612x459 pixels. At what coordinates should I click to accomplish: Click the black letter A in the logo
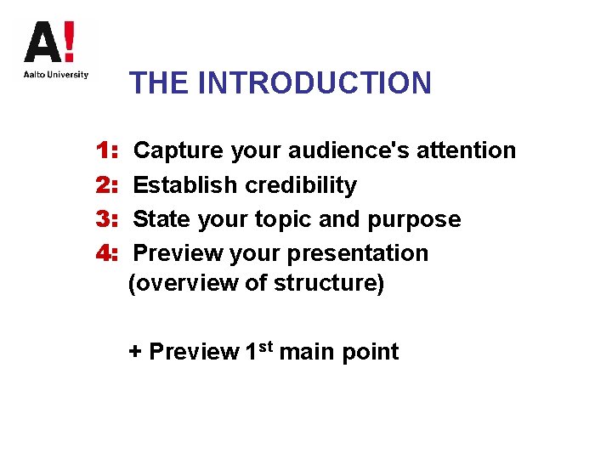tap(42, 42)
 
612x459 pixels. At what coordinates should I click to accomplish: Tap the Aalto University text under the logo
tap(55, 75)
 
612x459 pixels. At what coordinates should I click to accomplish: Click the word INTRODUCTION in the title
tap(314, 83)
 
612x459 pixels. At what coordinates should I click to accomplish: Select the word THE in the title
tap(159, 83)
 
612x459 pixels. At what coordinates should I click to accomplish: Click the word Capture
tap(173, 150)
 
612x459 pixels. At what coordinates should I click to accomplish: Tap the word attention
tap(469, 150)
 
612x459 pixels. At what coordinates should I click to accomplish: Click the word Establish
tap(186, 185)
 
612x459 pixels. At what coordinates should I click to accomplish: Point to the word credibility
tap(301, 185)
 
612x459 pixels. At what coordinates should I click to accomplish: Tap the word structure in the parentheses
tap(327, 283)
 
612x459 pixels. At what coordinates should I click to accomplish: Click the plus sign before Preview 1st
tap(135, 352)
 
